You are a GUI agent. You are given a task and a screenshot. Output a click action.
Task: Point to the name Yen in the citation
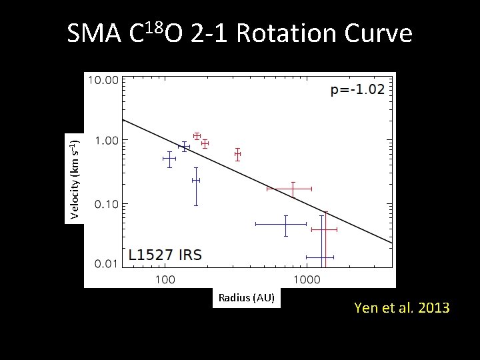(x=366, y=308)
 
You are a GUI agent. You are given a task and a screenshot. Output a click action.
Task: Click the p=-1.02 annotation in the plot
(x=357, y=90)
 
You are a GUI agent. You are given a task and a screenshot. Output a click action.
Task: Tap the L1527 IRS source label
(x=165, y=255)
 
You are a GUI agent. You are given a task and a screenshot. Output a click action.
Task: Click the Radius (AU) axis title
(x=246, y=297)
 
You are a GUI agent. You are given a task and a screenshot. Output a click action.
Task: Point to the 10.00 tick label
(x=103, y=79)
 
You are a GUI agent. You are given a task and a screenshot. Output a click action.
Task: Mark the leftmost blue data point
(x=169, y=159)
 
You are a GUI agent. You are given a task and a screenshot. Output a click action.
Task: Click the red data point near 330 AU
(x=237, y=154)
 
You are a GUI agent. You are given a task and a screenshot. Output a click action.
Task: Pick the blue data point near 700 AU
(x=285, y=225)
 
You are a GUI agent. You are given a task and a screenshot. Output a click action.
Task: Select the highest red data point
(x=197, y=136)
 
